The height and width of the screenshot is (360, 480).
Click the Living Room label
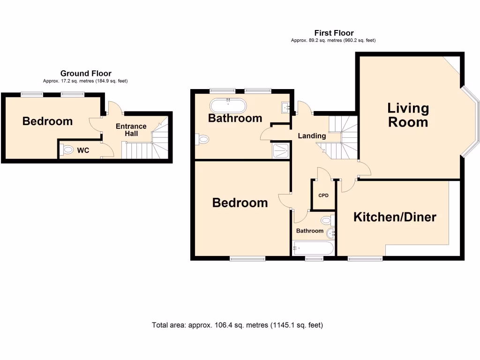[x=408, y=115]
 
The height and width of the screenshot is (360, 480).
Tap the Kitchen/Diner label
[x=395, y=217]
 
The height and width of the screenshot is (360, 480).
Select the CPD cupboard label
[x=323, y=195]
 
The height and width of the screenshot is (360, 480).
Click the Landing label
[x=312, y=136]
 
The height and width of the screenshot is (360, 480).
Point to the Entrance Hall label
[x=131, y=130]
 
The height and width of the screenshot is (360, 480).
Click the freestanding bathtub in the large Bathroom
[x=227, y=105]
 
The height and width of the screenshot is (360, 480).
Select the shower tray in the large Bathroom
[x=281, y=150]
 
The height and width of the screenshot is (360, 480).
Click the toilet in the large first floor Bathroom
[x=202, y=139]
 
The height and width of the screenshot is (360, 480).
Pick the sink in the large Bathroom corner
[x=286, y=108]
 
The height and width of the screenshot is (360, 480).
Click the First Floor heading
[x=334, y=33]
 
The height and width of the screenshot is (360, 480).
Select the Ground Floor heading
[x=86, y=73]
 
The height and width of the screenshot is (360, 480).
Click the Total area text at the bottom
[x=238, y=325]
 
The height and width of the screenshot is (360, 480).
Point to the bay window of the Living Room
[x=474, y=122]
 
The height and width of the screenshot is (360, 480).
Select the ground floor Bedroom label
[x=47, y=121]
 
